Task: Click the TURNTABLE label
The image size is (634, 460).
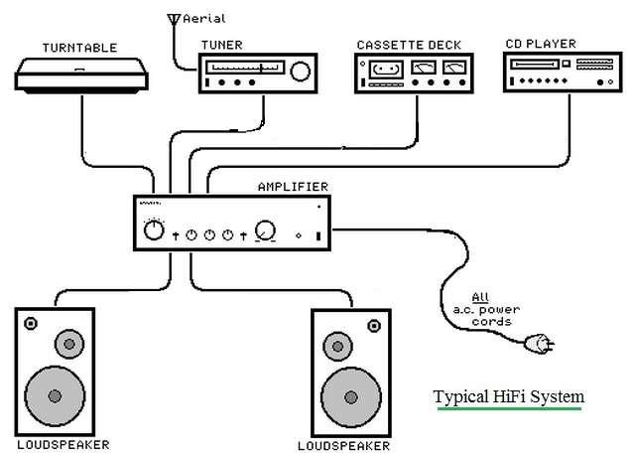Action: click(78, 47)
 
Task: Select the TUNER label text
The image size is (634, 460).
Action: click(220, 44)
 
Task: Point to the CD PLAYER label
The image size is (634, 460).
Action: click(541, 44)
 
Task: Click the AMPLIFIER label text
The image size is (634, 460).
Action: click(293, 186)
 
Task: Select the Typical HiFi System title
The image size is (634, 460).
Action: click(508, 397)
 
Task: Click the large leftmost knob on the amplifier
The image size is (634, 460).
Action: click(153, 230)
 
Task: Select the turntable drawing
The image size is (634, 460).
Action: click(78, 76)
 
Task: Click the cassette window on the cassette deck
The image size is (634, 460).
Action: click(385, 70)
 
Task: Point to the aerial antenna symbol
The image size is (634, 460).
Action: click(175, 19)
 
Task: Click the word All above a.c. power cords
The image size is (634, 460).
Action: click(480, 296)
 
